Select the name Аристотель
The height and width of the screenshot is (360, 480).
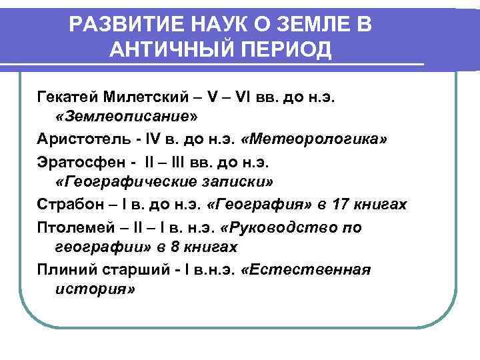point(79,141)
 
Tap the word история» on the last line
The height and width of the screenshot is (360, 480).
point(93,290)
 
